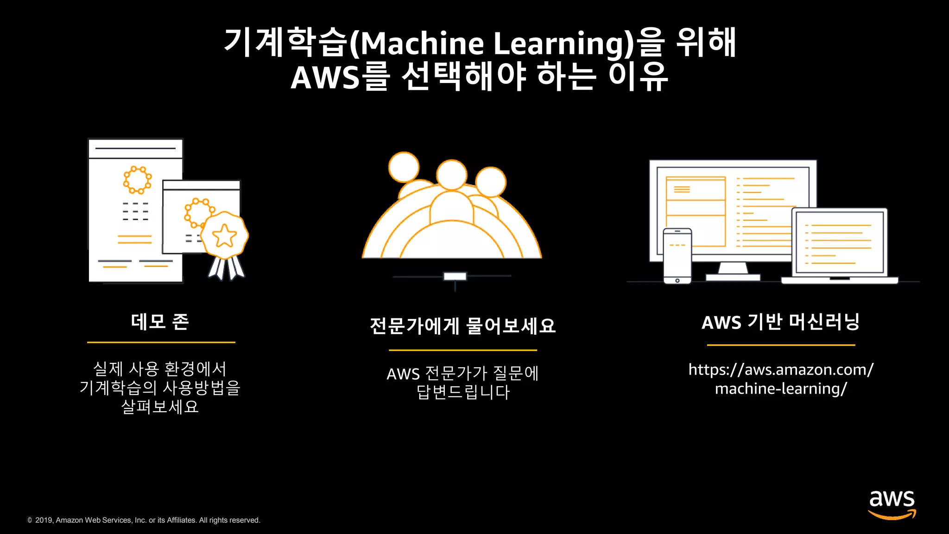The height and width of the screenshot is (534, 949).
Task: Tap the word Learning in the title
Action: point(558,44)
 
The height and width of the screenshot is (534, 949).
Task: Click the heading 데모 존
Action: point(160,322)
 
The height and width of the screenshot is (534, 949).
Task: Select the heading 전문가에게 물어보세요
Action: point(462,326)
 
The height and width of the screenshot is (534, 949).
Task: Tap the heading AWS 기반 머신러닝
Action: point(781,322)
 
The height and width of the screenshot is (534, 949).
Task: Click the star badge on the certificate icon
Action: point(225,235)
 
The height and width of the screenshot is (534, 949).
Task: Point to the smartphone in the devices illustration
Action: point(677,255)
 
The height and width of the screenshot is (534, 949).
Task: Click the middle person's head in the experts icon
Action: point(451,175)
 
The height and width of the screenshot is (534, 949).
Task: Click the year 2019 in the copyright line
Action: point(44,520)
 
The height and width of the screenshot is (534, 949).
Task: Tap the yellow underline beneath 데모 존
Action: point(161,343)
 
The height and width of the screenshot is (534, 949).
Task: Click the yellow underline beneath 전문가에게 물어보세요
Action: point(462,350)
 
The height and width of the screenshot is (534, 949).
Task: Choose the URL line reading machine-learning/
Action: point(781,389)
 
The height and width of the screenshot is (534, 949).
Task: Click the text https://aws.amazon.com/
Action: point(781,369)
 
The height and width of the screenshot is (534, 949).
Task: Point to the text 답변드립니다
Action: point(463,392)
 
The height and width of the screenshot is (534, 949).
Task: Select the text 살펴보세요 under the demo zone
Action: point(160,407)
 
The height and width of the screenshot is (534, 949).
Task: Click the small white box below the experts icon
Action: point(455,276)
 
